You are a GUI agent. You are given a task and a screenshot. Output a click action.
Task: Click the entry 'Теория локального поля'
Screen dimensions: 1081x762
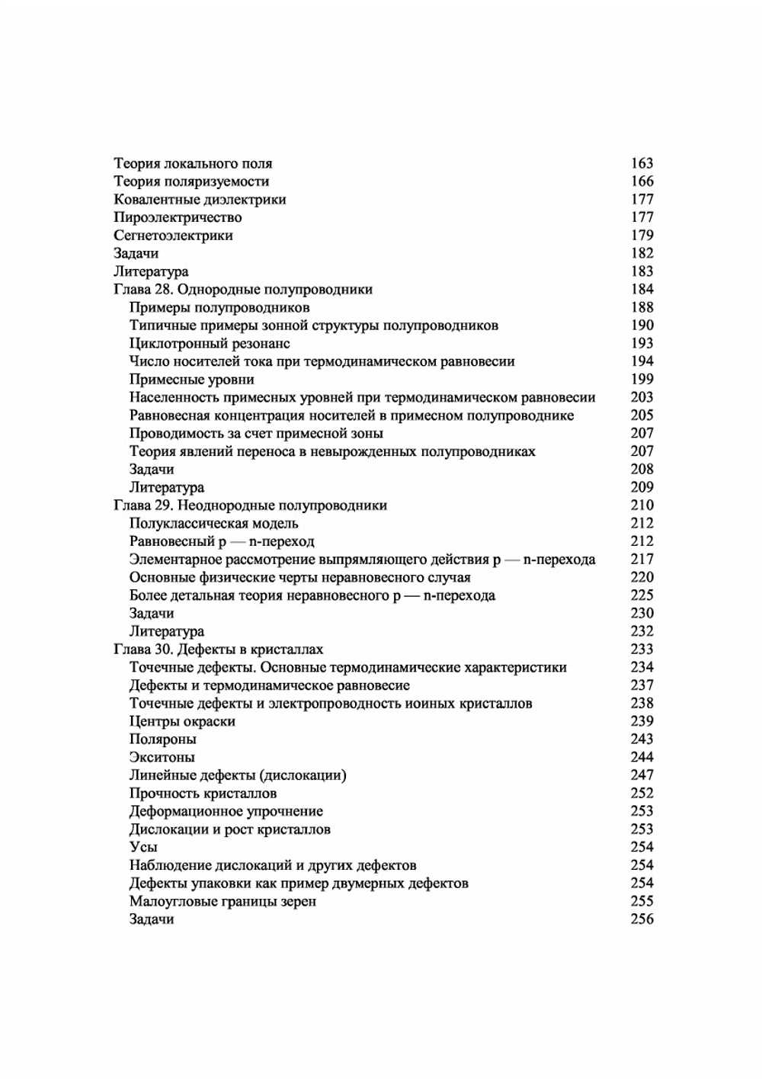point(193,163)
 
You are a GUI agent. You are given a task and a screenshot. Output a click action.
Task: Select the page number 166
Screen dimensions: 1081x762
point(642,181)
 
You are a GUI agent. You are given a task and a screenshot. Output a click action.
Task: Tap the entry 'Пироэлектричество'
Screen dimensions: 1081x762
point(178,217)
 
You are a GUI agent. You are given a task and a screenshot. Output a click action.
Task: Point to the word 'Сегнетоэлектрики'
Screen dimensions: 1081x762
point(173,236)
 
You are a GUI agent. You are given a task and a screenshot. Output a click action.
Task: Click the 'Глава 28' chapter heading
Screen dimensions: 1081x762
point(243,290)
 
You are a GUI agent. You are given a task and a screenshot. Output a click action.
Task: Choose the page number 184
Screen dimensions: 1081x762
point(642,290)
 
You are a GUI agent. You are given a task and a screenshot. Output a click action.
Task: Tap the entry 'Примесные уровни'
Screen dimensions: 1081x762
point(191,380)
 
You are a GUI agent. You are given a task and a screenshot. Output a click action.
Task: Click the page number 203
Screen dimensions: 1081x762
point(642,397)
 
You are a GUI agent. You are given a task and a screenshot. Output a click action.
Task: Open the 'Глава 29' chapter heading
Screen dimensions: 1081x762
point(250,505)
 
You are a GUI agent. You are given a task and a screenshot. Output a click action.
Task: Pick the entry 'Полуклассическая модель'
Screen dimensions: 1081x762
point(213,524)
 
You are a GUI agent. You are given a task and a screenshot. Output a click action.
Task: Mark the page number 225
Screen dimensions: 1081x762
point(642,595)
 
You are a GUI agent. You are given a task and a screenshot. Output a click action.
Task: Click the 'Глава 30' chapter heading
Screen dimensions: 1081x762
point(218,650)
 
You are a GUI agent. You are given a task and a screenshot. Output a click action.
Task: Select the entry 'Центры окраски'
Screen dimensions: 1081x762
point(182,721)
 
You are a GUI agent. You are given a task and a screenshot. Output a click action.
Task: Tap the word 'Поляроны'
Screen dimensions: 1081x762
point(162,739)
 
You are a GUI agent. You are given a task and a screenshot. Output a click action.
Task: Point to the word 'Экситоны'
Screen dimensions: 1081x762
point(162,758)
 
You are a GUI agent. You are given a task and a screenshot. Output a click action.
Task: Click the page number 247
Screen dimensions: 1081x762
point(642,775)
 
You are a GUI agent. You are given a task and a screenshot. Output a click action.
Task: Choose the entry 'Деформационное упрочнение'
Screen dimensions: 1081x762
point(226,812)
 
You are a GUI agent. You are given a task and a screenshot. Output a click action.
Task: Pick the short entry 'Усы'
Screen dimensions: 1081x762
point(143,848)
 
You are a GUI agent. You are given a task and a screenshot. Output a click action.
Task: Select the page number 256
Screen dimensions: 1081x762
point(642,919)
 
